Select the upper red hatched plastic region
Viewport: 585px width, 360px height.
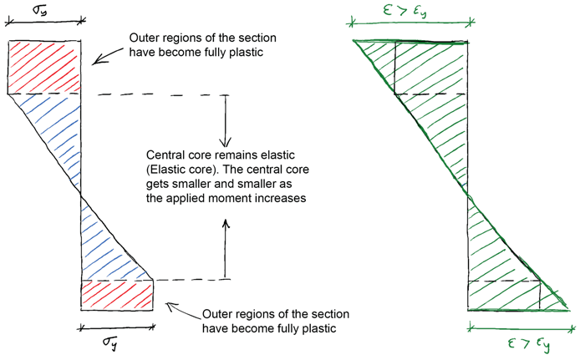[x=43, y=67]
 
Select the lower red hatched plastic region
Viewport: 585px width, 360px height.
[x=117, y=295]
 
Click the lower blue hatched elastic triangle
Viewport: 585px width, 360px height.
[x=104, y=246]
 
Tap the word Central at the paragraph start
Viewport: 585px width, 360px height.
[x=166, y=156]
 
